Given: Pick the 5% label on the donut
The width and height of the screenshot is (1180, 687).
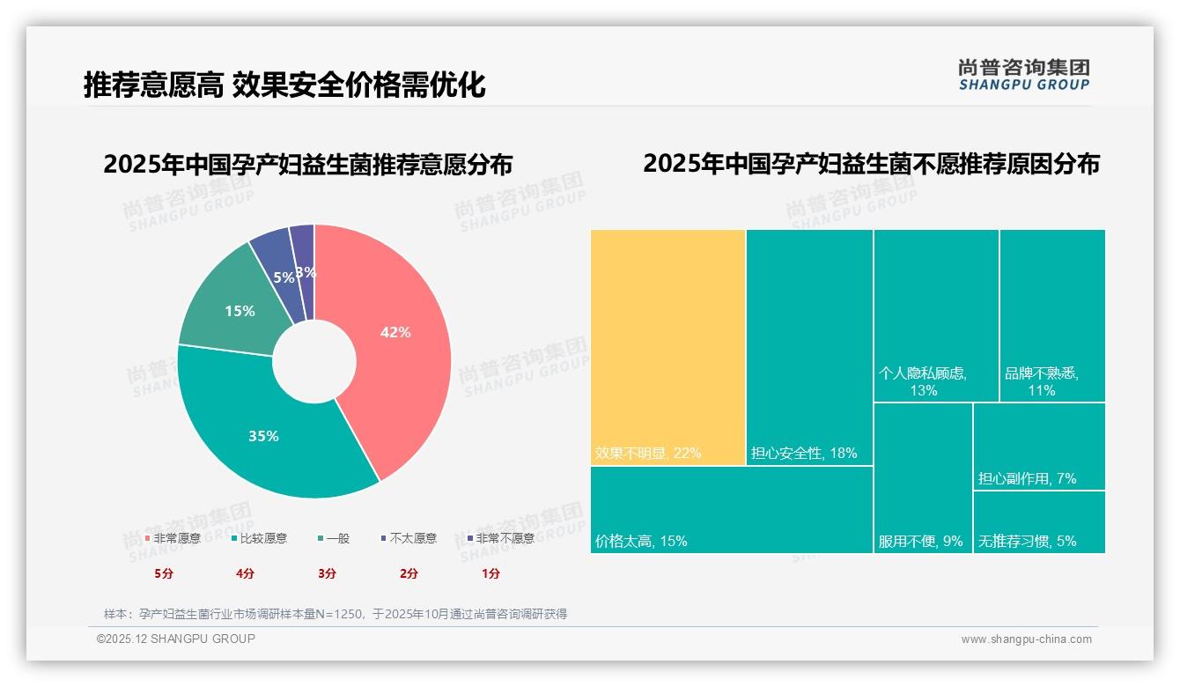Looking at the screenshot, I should pos(284,277).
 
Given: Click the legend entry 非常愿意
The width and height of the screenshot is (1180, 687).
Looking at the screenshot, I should pos(173,538).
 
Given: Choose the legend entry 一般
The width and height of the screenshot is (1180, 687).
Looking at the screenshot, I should pos(334,538).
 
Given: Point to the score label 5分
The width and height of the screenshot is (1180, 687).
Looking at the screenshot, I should pos(164,573).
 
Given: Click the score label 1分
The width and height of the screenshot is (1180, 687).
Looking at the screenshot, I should pos(490,573).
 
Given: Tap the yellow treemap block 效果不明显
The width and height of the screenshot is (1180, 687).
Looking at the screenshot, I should pos(667,347).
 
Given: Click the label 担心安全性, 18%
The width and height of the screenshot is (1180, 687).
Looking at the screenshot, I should pos(803,454).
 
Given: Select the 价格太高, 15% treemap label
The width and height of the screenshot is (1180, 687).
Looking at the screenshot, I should pos(640,541).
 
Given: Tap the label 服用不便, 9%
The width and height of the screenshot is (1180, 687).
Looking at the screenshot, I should pos(920,542).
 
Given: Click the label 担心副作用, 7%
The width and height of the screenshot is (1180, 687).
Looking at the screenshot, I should pos(1027,478).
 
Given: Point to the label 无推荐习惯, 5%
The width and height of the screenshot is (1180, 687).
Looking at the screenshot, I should pos(1027,541).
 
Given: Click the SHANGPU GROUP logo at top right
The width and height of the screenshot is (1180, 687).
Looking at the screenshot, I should pos(1023,75).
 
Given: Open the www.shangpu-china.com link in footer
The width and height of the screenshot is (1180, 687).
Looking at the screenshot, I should pos(1026,639).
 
